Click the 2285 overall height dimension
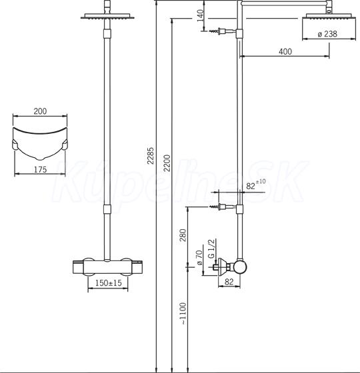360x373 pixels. (x=151, y=156)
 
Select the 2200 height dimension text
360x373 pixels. (x=167, y=163)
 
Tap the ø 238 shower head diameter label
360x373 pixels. (x=327, y=34)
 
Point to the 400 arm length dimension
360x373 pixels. (x=285, y=51)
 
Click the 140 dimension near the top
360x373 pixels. (x=201, y=15)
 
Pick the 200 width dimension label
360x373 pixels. (x=40, y=111)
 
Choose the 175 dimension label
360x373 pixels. (x=40, y=170)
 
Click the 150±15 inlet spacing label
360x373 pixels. (x=108, y=283)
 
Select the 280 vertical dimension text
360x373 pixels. (x=183, y=235)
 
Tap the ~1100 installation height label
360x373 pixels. (x=183, y=313)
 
